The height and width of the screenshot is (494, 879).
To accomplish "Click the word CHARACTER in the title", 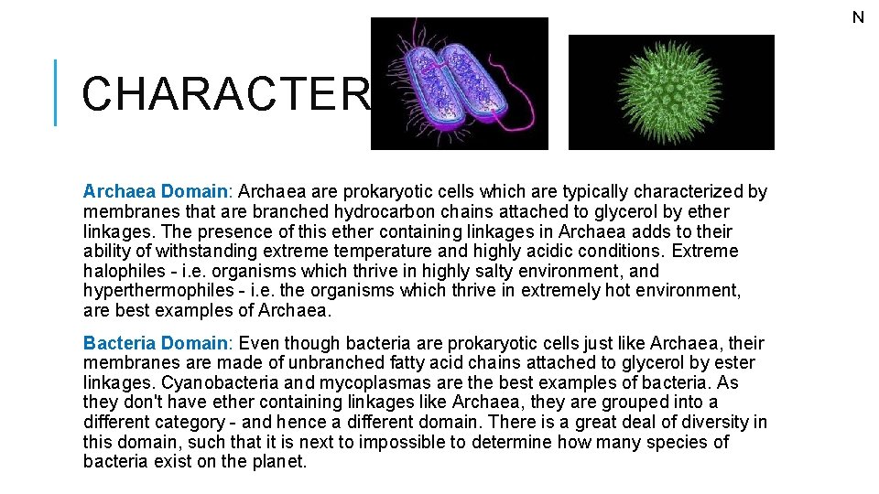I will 225,93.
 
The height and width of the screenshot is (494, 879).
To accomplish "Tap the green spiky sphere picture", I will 671,91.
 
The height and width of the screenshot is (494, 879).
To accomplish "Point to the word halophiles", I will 125,271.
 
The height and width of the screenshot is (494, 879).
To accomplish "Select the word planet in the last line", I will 277,462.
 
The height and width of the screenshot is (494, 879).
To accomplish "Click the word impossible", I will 400,443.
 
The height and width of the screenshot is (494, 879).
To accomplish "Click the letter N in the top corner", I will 858,17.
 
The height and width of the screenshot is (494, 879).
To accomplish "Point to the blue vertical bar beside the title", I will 56,92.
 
